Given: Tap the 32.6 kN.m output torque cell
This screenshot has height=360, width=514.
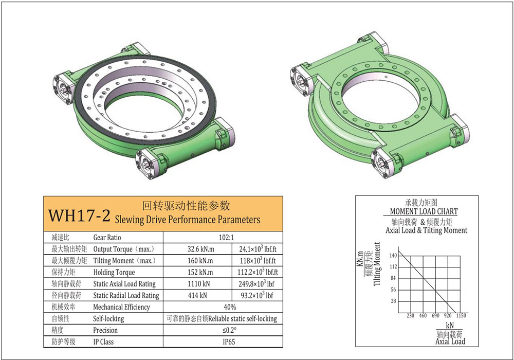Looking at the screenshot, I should tap(200, 249).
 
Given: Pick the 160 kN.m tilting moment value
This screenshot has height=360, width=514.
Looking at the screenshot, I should tap(200, 261).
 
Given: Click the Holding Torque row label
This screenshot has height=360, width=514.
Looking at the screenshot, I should tap(114, 273).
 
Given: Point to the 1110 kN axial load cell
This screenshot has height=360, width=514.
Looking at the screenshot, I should tap(200, 284).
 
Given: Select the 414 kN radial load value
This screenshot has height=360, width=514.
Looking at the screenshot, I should tap(200, 296).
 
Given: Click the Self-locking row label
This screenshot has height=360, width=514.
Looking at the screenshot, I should tap(108, 319).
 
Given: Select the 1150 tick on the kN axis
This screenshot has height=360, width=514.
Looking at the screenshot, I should tap(460, 315).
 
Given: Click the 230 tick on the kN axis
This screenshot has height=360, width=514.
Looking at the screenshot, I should tap(410, 315).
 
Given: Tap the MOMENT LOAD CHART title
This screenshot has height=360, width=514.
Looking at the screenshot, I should tap(424, 211).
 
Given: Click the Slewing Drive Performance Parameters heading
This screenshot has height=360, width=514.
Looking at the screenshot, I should tap(188, 220).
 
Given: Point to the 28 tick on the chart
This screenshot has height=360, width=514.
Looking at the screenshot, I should tap(394, 301).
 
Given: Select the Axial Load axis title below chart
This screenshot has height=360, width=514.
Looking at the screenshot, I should tap(450, 341).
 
